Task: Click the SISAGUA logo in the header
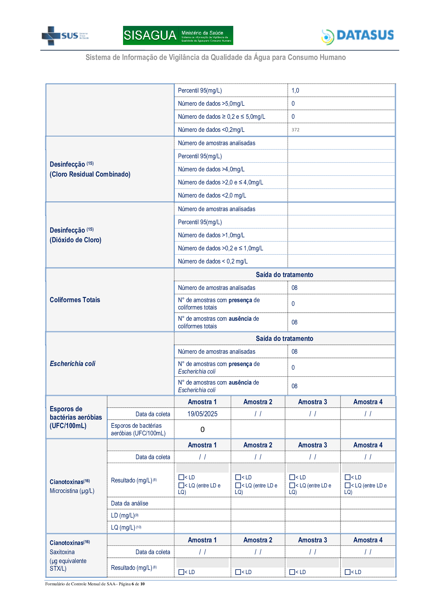coord(178,35)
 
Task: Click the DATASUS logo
coord(358,36)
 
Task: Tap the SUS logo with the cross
coord(65,36)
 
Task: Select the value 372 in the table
coord(295,130)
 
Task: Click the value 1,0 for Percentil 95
coord(295,91)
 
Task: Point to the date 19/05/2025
coord(202,414)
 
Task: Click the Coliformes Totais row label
coord(75,300)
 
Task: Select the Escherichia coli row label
coord(73,364)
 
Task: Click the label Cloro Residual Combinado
coord(90,174)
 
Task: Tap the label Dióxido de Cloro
coord(75,240)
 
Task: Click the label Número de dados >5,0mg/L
coord(211,104)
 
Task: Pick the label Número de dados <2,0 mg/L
coord(212,195)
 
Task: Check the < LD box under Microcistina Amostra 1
coord(181,477)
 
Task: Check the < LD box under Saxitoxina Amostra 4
coord(347,572)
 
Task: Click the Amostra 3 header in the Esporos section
coord(313,402)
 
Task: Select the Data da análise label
coord(130,503)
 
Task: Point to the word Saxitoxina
coord(62,552)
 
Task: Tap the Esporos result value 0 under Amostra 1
coord(202,429)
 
